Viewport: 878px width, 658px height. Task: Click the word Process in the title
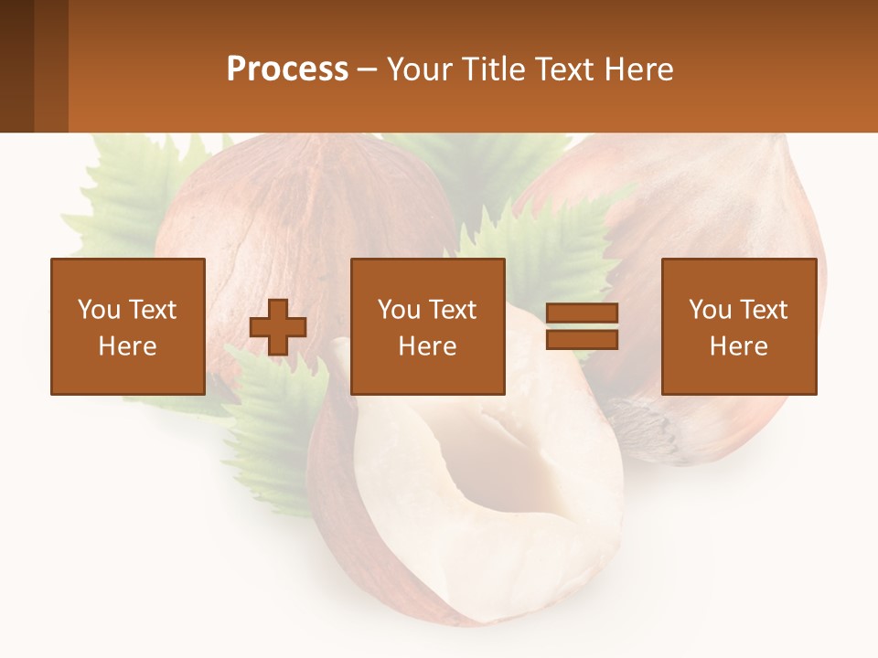(x=287, y=69)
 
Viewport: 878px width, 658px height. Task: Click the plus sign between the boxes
(x=278, y=326)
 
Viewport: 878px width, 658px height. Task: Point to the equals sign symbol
(x=582, y=326)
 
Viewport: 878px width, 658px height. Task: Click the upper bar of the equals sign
(x=582, y=313)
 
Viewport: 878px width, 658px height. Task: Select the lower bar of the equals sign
(x=582, y=340)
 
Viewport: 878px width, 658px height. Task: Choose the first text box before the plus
(x=128, y=326)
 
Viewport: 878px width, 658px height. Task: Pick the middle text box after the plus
(x=428, y=326)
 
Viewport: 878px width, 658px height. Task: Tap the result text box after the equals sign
(x=739, y=326)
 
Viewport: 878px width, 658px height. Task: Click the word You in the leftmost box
(x=99, y=310)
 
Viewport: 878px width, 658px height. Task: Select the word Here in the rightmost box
(x=739, y=346)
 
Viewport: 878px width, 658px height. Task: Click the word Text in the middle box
(x=454, y=310)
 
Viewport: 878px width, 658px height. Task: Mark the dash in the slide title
(x=368, y=69)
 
